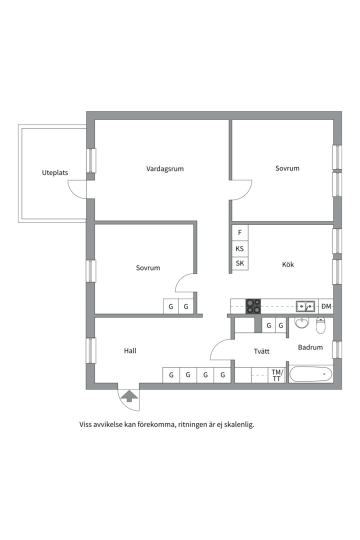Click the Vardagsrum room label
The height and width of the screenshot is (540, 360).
(165, 168)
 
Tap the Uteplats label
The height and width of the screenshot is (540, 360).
(55, 173)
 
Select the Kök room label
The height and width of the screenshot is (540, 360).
(288, 264)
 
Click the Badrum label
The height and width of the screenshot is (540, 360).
(310, 347)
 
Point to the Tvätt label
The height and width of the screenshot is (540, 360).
(261, 351)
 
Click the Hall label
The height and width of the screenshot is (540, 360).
(130, 351)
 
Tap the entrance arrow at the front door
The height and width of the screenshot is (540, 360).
(129, 396)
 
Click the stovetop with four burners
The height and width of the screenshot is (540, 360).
(253, 306)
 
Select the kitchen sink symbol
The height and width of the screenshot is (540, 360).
(305, 306)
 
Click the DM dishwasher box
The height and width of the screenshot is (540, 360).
(326, 306)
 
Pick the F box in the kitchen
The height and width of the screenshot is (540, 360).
(240, 232)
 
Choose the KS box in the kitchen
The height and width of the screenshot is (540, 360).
(240, 248)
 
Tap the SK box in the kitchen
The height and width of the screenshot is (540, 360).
(240, 263)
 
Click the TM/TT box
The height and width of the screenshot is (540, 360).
(277, 375)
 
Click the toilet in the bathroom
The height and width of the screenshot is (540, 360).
(321, 325)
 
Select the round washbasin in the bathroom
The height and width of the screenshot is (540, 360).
(302, 323)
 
